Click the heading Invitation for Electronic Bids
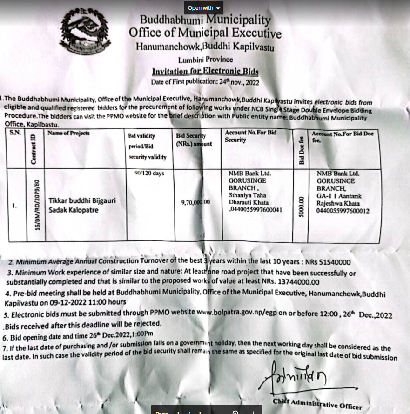205,72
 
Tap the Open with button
204,8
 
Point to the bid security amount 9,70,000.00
195,202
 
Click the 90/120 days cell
147,173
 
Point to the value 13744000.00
291,282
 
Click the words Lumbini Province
205,60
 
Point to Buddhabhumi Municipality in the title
205,20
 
